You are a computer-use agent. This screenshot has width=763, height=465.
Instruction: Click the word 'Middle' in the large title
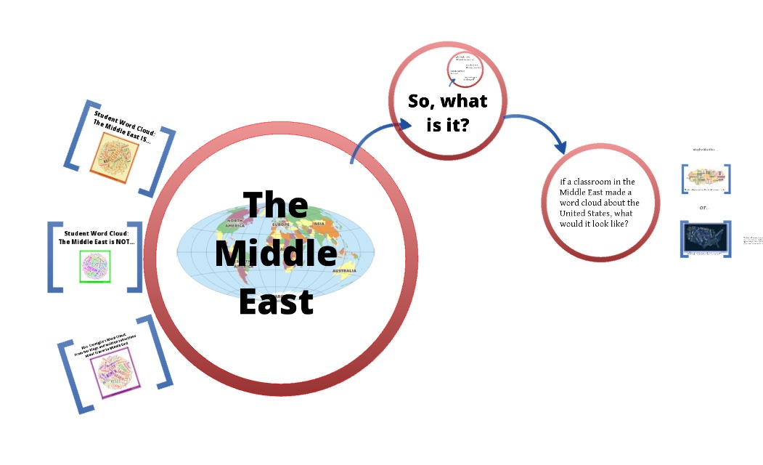pyautogui.click(x=277, y=254)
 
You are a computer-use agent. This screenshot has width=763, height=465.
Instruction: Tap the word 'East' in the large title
pyautogui.click(x=277, y=301)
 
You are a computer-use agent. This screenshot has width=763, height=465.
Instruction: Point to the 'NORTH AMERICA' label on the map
pyautogui.click(x=234, y=222)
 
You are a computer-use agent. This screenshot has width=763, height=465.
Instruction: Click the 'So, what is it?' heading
pyautogui.click(x=448, y=112)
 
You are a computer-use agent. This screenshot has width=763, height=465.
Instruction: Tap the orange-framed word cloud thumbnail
pyautogui.click(x=114, y=154)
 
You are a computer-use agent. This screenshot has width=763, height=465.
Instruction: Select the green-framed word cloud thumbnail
pyautogui.click(x=94, y=267)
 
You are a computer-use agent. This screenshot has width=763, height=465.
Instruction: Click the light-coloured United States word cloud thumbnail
pyautogui.click(x=706, y=179)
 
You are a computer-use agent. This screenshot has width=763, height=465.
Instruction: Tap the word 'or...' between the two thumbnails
pyautogui.click(x=703, y=208)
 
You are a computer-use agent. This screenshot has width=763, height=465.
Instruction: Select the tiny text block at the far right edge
pyautogui.click(x=751, y=239)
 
